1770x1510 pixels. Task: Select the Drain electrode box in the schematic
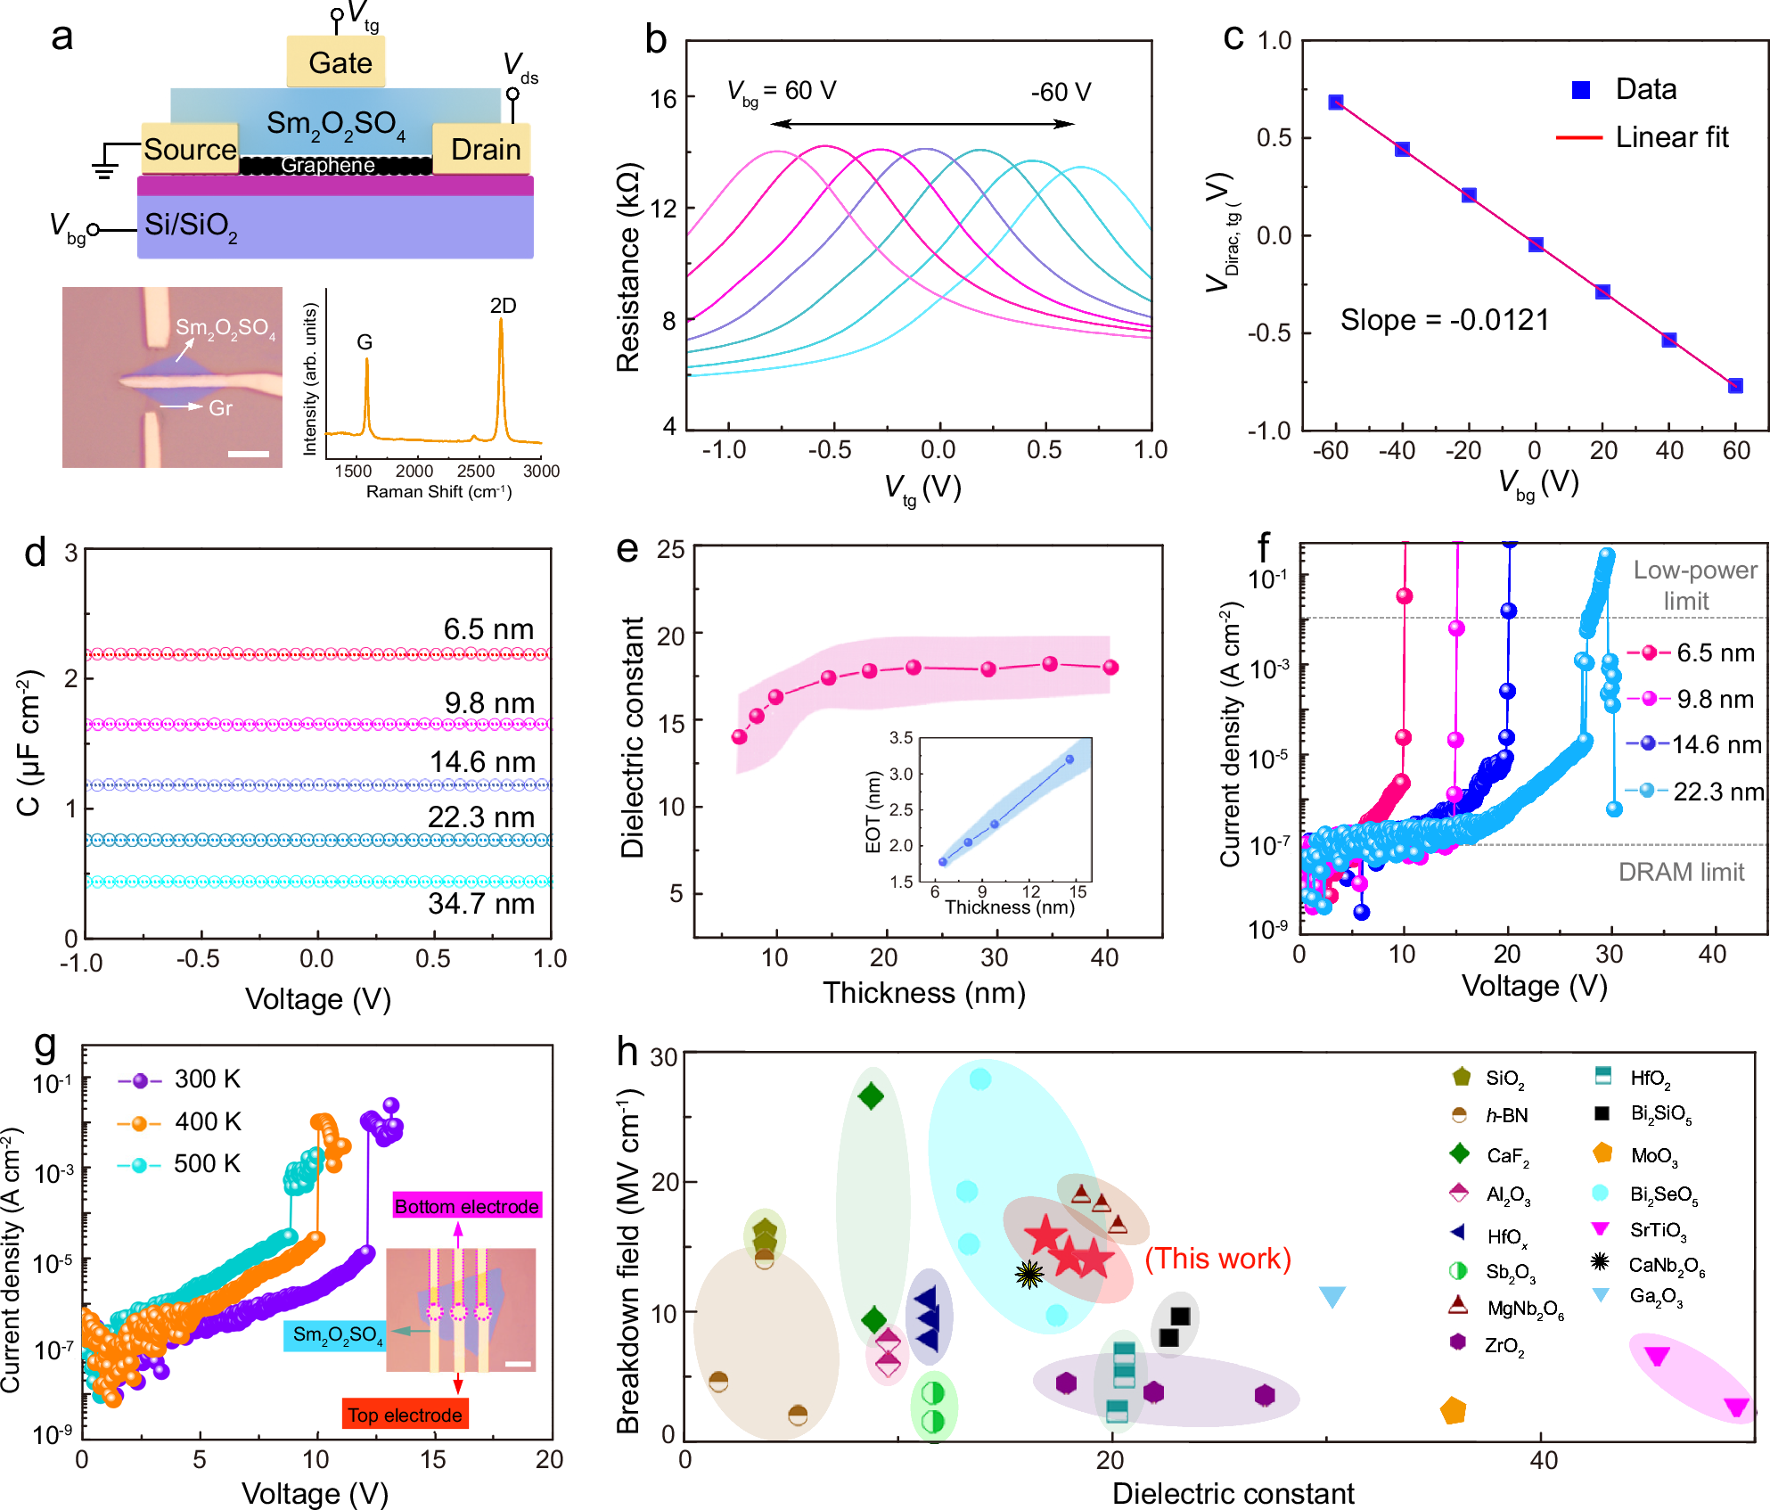(x=482, y=149)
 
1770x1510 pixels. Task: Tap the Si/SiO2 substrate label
(x=191, y=225)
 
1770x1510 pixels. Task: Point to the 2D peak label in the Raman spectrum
(x=503, y=306)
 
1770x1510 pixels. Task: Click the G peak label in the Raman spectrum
(x=365, y=342)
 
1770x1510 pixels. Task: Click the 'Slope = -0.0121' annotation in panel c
(x=1445, y=320)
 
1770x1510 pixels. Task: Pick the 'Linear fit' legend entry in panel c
(x=1671, y=137)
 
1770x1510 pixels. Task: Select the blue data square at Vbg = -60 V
(x=1335, y=103)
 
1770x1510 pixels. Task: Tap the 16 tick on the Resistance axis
(x=663, y=99)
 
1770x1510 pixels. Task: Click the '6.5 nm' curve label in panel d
(x=488, y=629)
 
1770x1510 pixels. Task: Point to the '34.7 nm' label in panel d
(x=481, y=904)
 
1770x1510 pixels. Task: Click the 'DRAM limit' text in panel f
(x=1681, y=872)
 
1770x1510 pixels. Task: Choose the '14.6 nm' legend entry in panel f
(x=1716, y=744)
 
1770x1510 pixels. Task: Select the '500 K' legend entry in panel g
(x=207, y=1164)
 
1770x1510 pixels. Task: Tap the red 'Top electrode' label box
(x=405, y=1416)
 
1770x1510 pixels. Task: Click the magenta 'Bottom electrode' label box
(x=466, y=1207)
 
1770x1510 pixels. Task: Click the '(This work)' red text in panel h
(x=1217, y=1259)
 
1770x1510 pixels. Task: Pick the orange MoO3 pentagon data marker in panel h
(x=1454, y=1411)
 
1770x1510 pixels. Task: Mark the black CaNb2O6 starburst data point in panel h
(x=1029, y=1275)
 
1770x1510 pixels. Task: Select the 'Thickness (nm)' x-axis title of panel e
(x=923, y=993)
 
